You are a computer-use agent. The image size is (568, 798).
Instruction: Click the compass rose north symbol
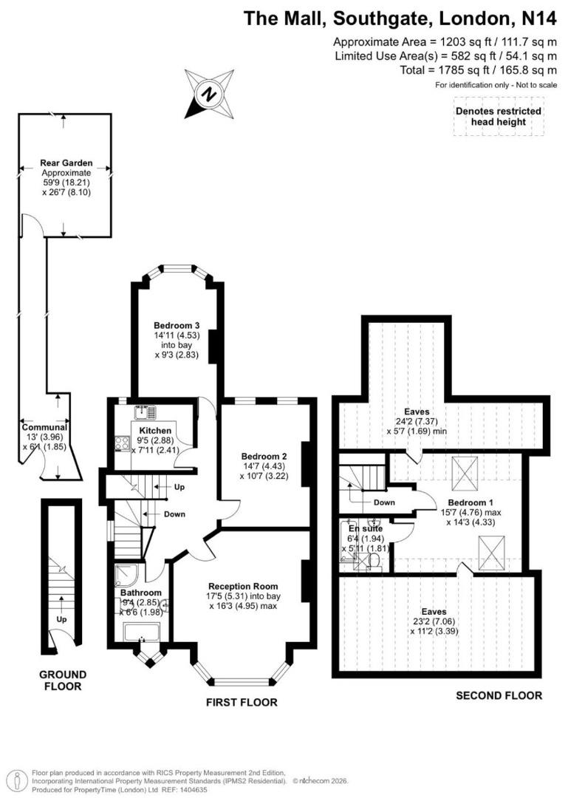coord(209,94)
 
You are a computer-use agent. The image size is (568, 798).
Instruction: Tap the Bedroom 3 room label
coord(177,326)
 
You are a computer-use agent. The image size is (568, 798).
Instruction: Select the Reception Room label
coord(243,586)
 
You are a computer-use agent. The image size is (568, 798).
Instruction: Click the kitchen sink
coord(145,410)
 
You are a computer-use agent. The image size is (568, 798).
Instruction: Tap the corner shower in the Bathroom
coord(126,575)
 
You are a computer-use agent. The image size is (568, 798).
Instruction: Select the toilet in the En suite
coord(374,562)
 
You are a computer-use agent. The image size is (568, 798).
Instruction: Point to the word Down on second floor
coord(384,502)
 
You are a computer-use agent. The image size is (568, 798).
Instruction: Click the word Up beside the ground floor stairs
coord(61,619)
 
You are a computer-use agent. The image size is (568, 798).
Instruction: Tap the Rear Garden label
coord(66,163)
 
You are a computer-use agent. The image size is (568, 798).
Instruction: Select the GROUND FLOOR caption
coord(63,681)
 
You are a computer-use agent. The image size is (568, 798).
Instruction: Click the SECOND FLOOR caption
coord(499,696)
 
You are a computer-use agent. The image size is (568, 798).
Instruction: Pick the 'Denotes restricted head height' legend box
coord(499,116)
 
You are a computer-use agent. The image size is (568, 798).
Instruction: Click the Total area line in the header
coord(479,70)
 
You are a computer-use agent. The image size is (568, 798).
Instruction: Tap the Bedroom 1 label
coord(471,503)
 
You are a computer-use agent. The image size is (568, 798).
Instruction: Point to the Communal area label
coord(44,428)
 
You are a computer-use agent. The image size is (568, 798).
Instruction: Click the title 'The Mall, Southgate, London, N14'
coord(400,18)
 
